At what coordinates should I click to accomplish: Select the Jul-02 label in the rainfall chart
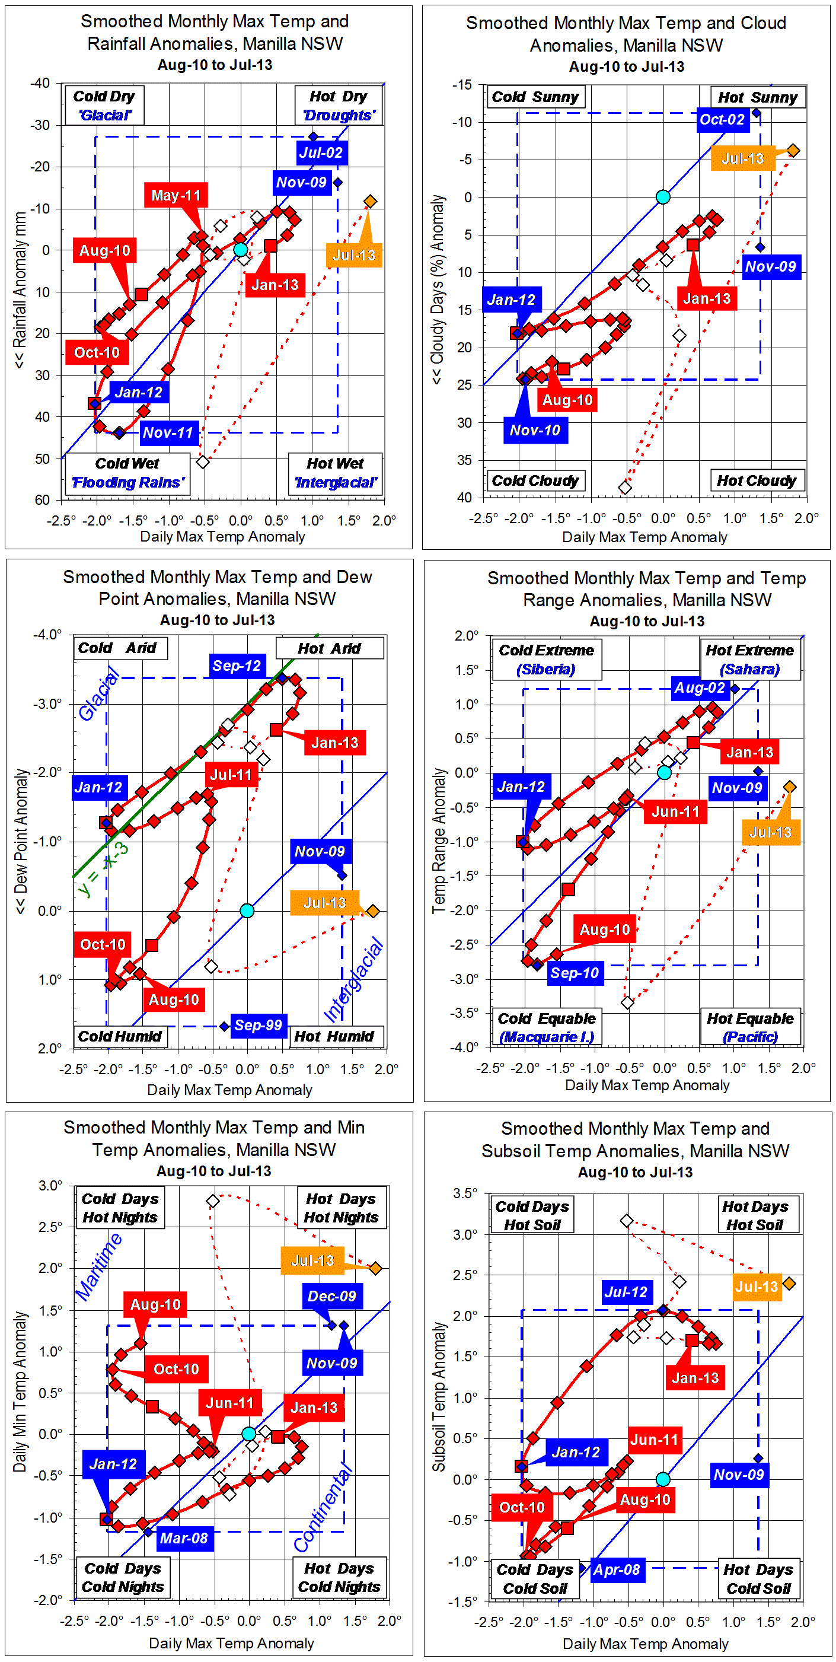click(321, 153)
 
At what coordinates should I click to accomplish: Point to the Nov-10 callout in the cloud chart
click(535, 429)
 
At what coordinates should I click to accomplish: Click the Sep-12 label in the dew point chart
click(236, 665)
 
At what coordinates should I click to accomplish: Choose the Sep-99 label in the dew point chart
click(258, 1024)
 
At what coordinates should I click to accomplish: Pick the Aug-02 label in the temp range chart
click(699, 688)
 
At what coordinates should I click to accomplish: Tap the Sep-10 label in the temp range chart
click(574, 973)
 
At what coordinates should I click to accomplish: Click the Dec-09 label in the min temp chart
click(331, 1295)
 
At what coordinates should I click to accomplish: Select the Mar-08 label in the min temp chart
click(184, 1537)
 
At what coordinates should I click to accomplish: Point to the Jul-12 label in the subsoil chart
click(625, 1292)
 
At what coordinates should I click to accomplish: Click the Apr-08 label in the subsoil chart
click(617, 1569)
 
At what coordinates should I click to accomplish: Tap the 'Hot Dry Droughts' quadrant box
click(339, 105)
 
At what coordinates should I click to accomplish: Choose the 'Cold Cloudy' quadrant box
click(535, 480)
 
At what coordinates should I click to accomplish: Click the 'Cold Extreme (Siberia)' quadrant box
click(547, 659)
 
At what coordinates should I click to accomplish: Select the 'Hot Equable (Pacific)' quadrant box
click(750, 1027)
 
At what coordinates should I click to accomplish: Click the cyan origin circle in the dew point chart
click(247, 910)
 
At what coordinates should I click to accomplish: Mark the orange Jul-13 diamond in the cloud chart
click(793, 150)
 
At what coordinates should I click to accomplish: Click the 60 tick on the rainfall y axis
click(42, 499)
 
